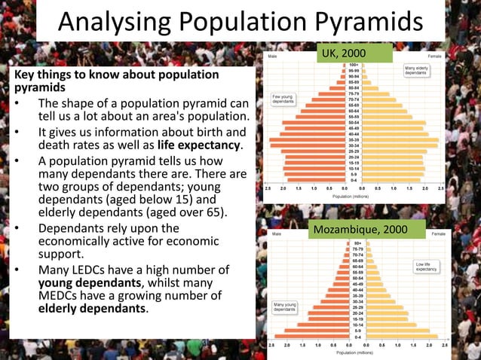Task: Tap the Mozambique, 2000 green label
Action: (367, 227)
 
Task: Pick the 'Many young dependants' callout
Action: (284, 307)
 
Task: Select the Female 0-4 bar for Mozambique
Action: (400, 336)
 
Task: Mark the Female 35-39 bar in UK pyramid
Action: (400, 139)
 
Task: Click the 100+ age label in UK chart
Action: (354, 64)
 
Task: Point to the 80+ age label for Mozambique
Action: (357, 244)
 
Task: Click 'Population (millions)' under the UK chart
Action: (353, 196)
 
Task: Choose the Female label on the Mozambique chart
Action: (438, 234)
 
